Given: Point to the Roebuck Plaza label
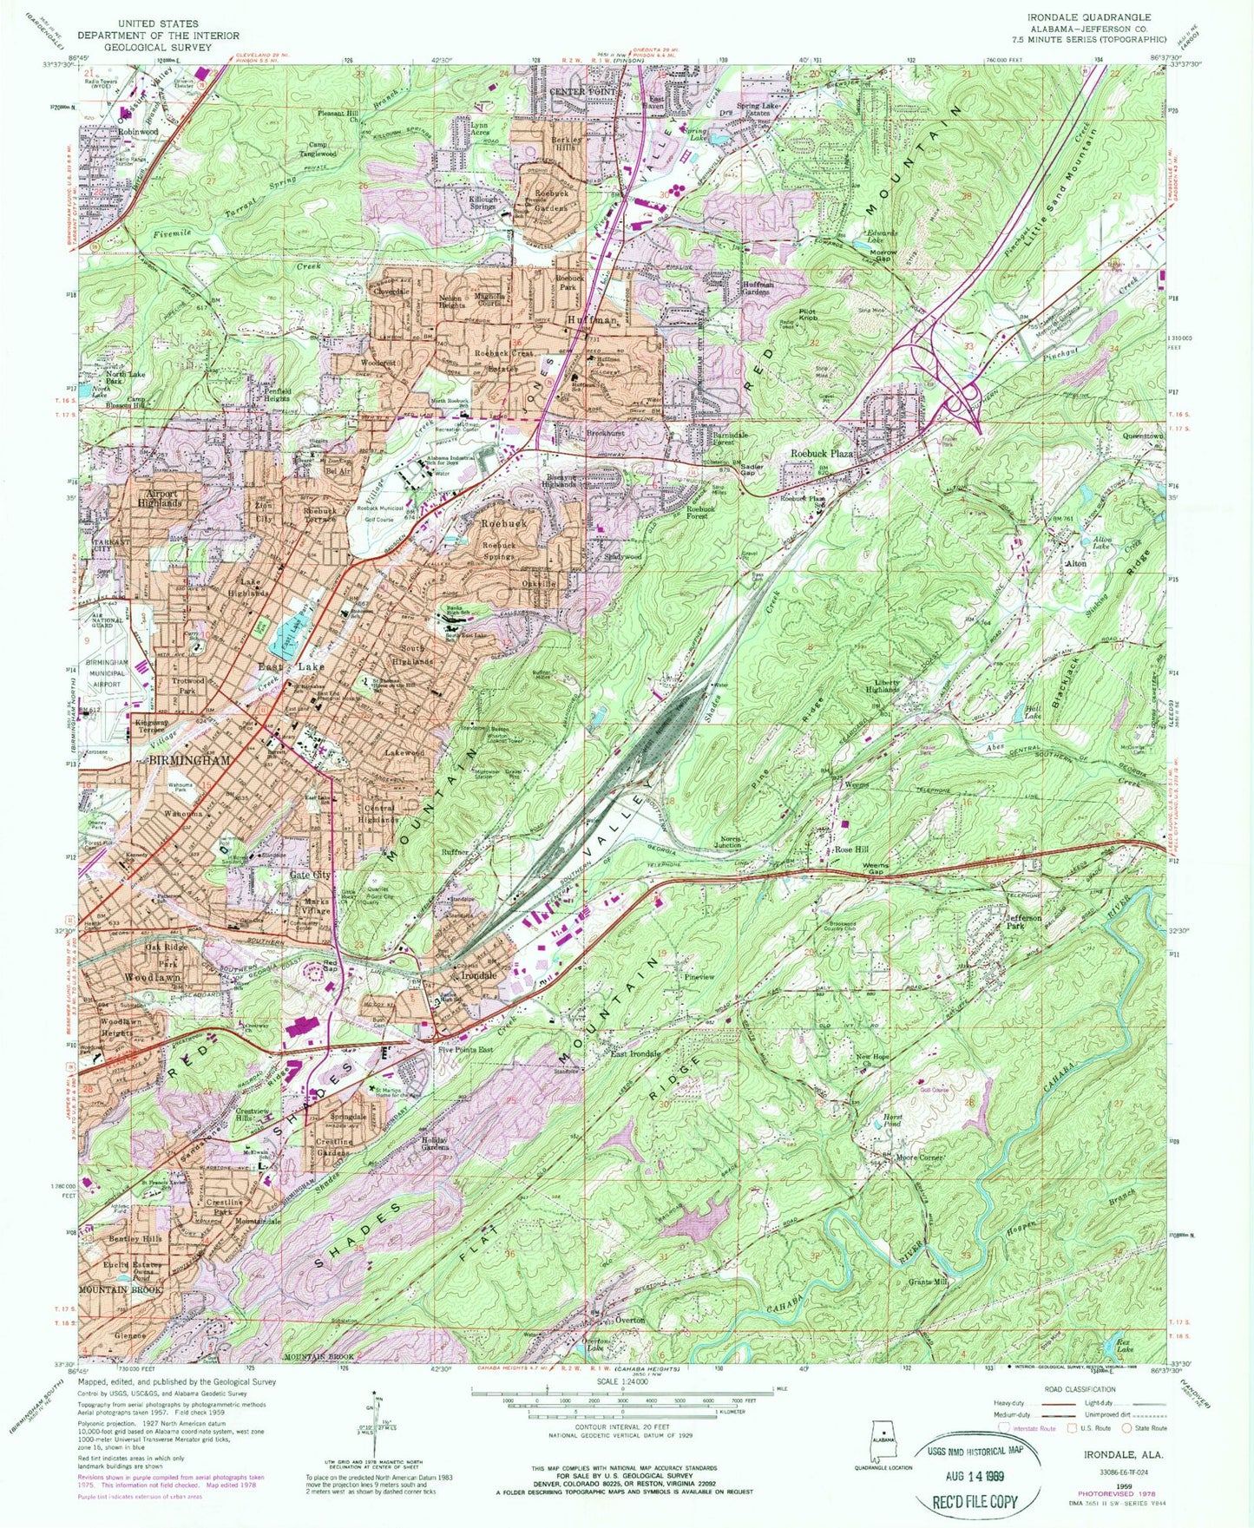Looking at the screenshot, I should (x=821, y=454).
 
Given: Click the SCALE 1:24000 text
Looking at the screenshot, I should (x=627, y=1382).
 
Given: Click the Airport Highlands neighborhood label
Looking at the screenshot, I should (x=159, y=498).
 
